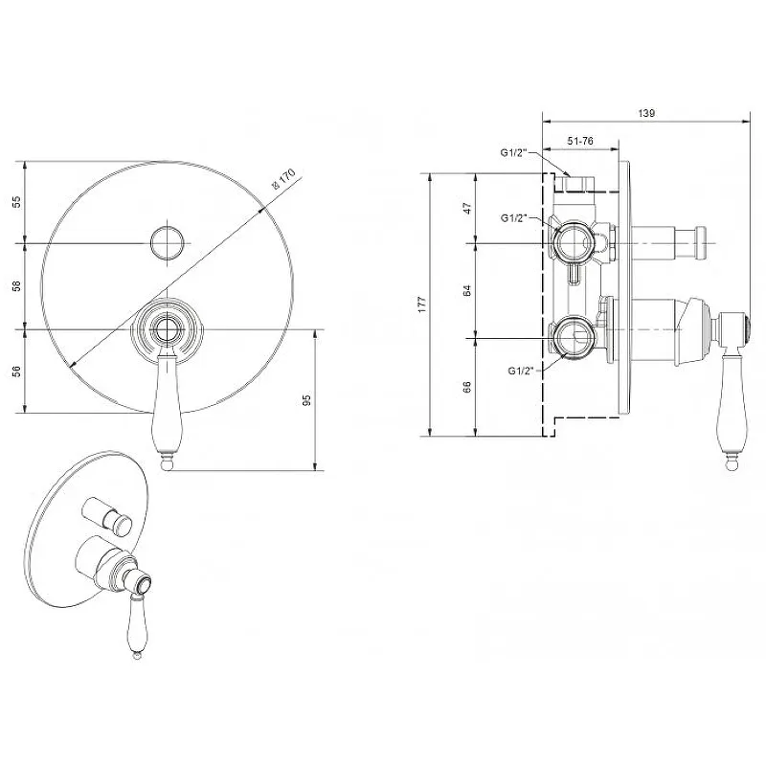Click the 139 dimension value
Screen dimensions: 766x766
point(646,113)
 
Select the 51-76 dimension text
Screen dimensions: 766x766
point(580,141)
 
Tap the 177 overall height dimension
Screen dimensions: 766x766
point(422,304)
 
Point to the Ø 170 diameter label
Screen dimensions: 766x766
point(283,179)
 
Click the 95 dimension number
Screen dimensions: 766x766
point(306,400)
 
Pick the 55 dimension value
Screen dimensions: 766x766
point(17,202)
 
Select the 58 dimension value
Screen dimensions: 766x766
point(17,286)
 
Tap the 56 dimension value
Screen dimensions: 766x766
point(17,372)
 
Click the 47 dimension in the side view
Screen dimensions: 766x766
point(467,208)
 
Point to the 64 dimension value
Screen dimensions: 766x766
point(467,291)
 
